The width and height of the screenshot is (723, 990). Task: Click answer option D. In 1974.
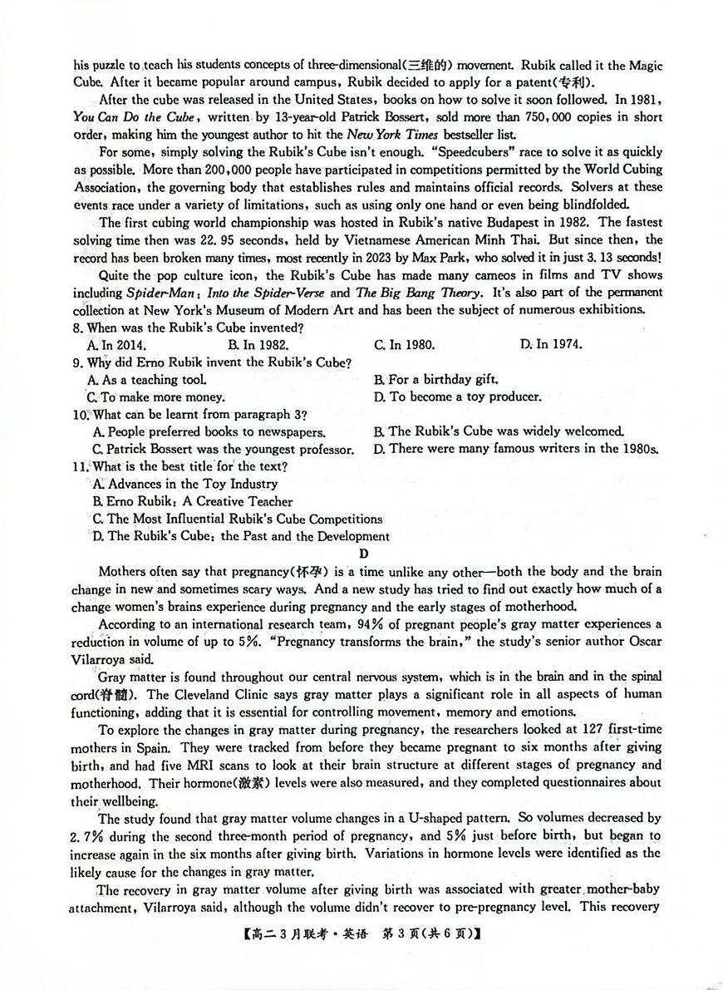[x=551, y=344]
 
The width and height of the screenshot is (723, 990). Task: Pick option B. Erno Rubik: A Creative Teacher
[x=193, y=501]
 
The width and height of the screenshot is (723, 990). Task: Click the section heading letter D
[x=362, y=554]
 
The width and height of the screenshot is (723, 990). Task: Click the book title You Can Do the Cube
[x=134, y=117]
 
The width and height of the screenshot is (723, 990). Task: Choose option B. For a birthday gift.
[x=435, y=379]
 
